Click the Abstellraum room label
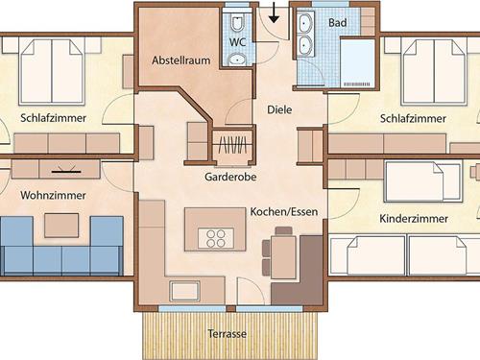(x=181, y=60)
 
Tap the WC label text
(x=238, y=42)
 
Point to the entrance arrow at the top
(x=274, y=12)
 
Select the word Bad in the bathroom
(x=337, y=23)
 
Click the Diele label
(x=279, y=109)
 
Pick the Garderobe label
(x=230, y=177)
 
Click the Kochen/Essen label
(x=284, y=211)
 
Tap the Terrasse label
(x=228, y=334)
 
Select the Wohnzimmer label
(x=53, y=195)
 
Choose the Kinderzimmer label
(x=414, y=219)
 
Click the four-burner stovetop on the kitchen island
(x=216, y=238)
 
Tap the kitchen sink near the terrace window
(x=185, y=291)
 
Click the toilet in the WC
(x=237, y=22)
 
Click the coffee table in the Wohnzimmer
(x=61, y=226)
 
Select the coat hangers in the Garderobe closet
(x=232, y=145)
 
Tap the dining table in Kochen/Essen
(x=283, y=257)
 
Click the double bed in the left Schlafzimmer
(x=52, y=72)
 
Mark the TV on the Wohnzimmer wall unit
(x=66, y=170)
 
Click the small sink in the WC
(x=237, y=60)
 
